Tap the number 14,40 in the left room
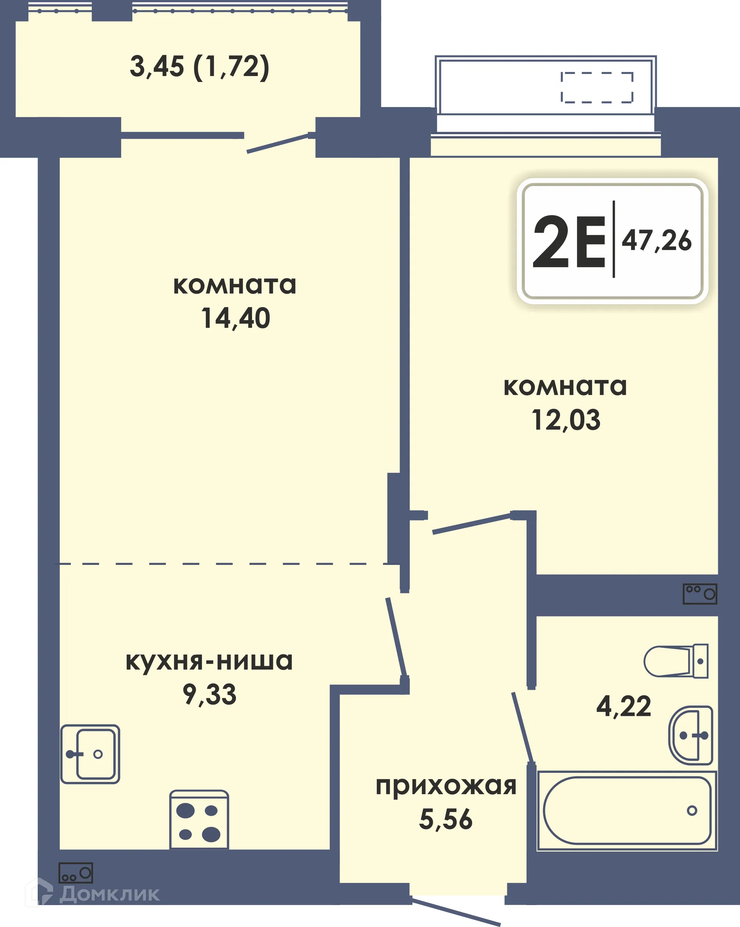[x=235, y=319]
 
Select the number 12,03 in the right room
[x=565, y=420]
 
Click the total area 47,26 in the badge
[x=656, y=241]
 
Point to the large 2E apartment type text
[x=569, y=242]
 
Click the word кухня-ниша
[x=209, y=661]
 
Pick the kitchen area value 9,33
[x=210, y=694]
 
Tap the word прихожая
[x=446, y=786]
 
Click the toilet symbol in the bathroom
[x=676, y=661]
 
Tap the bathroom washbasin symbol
[x=691, y=735]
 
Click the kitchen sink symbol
[x=90, y=754]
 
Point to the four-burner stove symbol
[x=199, y=822]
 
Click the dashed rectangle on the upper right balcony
[x=597, y=88]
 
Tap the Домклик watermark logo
[x=92, y=894]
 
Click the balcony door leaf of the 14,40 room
[x=278, y=143]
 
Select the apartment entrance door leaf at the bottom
[x=456, y=912]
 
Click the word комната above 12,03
[x=565, y=387]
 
